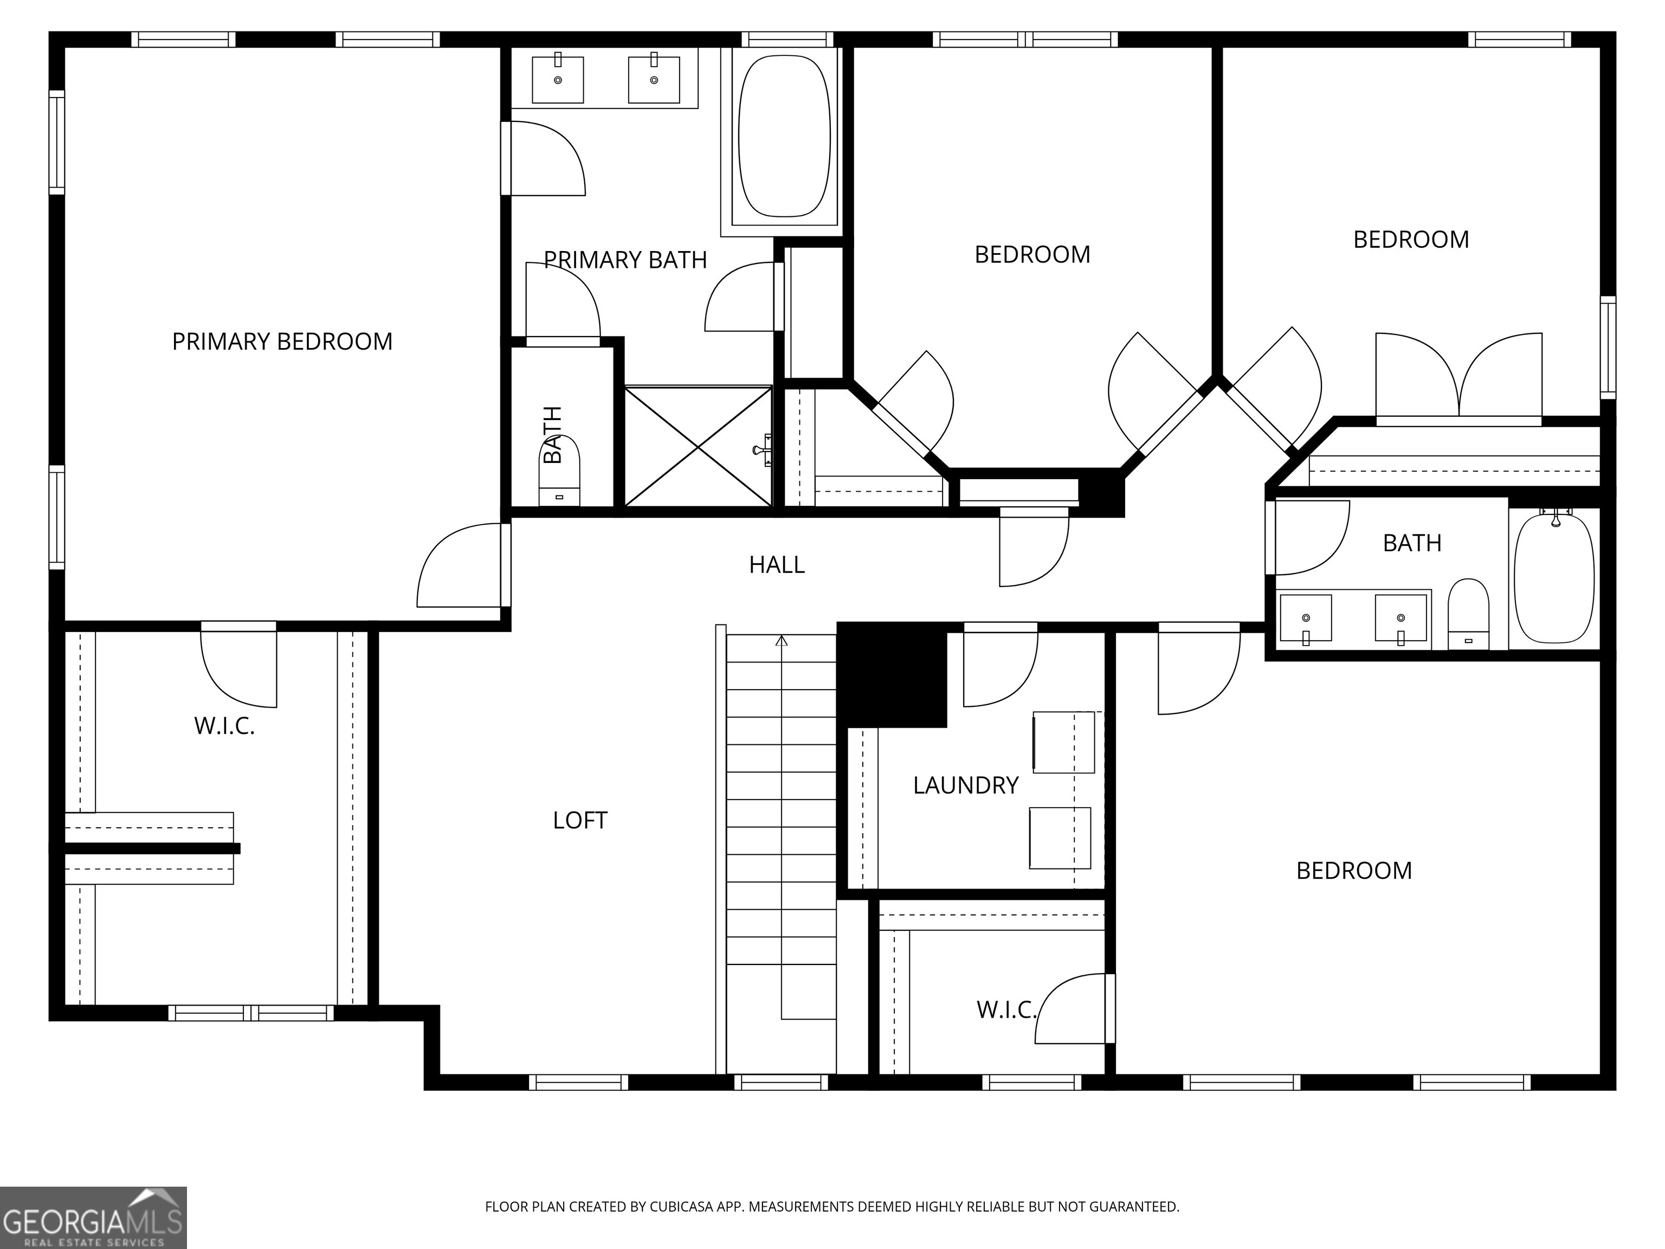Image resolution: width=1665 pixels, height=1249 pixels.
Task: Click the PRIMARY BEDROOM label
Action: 282,342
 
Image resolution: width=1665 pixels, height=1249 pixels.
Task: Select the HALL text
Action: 777,565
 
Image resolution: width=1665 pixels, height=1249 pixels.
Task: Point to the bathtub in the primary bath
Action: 784,136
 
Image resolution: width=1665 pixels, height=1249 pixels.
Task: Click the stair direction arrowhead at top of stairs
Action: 782,641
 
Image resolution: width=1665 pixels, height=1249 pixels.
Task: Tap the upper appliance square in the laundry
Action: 1063,742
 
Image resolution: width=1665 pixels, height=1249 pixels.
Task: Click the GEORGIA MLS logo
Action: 93,1218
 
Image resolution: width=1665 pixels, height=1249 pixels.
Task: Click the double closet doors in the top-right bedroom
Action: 1459,376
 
